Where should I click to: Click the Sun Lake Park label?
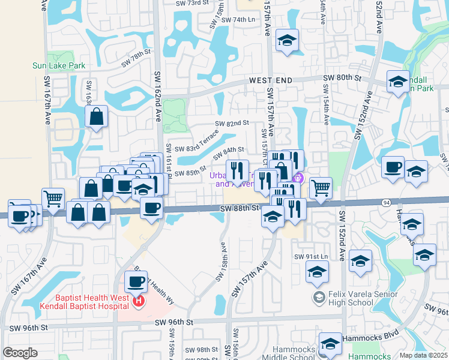tap(59, 65)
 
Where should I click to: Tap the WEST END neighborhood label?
tap(271, 80)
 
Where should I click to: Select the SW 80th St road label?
tap(343, 78)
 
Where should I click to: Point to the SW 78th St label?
tap(134, 59)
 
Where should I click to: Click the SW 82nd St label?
tap(232, 123)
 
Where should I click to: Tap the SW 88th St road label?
tap(238, 208)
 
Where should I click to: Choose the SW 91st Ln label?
tap(311, 257)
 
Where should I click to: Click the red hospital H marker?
tap(139, 300)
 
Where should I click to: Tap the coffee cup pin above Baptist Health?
tap(136, 281)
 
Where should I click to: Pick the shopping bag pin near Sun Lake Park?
tap(97, 116)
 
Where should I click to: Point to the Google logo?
tap(20, 353)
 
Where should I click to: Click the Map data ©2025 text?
tap(424, 355)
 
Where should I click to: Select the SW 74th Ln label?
tap(238, 20)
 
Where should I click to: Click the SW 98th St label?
tap(201, 349)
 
